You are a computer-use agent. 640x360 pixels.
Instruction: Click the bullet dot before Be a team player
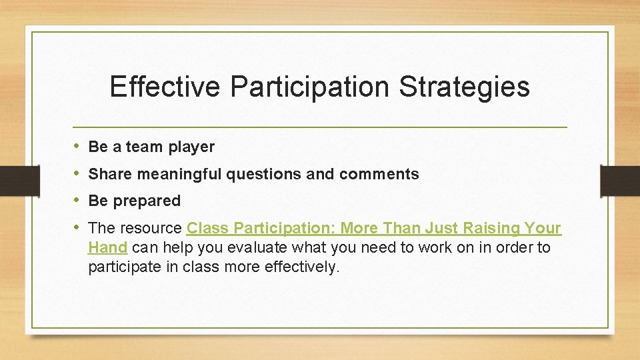click(x=77, y=147)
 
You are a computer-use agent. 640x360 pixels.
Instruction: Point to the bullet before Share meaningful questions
click(x=77, y=174)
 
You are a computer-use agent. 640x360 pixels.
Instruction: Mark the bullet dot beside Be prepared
click(x=77, y=201)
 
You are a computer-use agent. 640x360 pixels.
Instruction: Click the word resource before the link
click(x=151, y=228)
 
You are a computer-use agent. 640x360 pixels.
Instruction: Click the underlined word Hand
click(x=107, y=248)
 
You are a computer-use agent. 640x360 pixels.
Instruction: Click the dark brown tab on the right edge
click(x=619, y=181)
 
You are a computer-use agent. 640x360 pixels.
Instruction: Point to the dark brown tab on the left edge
click(x=12, y=181)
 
